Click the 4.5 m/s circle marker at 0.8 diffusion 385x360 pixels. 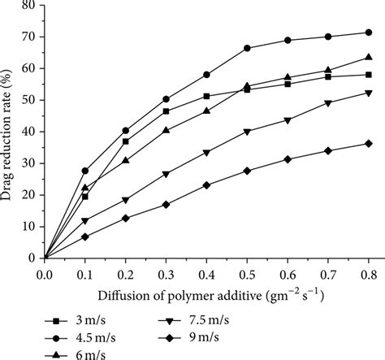[x=369, y=33]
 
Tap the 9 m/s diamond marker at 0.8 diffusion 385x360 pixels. [x=369, y=144]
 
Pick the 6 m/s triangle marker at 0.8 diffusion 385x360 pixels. [x=369, y=58]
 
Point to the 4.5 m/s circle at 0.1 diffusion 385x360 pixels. [x=85, y=171]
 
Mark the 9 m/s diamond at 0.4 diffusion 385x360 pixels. [x=206, y=185]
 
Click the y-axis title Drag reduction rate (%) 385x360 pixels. [x=10, y=130]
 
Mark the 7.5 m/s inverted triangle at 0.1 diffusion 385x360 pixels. [x=85, y=221]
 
